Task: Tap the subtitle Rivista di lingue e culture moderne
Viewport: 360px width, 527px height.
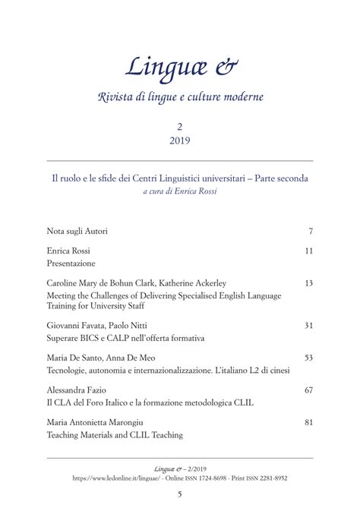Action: click(x=180, y=98)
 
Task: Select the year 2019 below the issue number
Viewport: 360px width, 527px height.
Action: click(x=180, y=142)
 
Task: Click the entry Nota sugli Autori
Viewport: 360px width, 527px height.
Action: click(x=77, y=229)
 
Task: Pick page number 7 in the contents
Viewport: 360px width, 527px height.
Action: click(x=311, y=229)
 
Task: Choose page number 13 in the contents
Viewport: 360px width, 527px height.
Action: click(x=308, y=282)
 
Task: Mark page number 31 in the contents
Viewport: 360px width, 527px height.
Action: click(x=308, y=325)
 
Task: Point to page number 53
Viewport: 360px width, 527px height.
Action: click(x=308, y=357)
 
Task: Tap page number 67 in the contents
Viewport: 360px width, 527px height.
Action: click(x=308, y=390)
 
